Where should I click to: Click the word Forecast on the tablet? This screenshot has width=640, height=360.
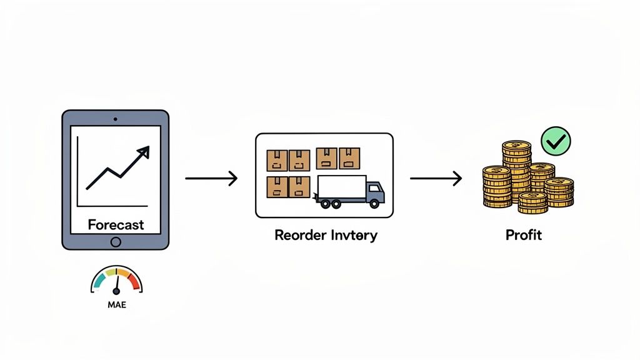click(116, 224)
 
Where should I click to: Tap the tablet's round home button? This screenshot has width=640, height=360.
click(116, 242)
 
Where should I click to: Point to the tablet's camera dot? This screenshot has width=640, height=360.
click(116, 118)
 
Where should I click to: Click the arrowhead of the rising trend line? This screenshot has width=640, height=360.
click(144, 151)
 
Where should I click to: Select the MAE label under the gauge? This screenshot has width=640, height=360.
click(116, 306)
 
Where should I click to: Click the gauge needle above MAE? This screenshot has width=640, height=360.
click(116, 285)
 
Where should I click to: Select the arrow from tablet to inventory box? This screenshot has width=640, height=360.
click(211, 179)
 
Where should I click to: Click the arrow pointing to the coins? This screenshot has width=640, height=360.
click(436, 179)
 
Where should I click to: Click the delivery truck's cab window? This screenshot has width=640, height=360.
click(374, 188)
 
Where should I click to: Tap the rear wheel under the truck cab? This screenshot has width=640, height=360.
click(373, 203)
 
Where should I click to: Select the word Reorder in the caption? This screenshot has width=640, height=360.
click(299, 236)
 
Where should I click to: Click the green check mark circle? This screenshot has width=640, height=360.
click(555, 141)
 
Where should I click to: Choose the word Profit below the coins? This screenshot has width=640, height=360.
click(524, 236)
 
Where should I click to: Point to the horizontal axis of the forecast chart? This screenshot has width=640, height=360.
click(112, 206)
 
